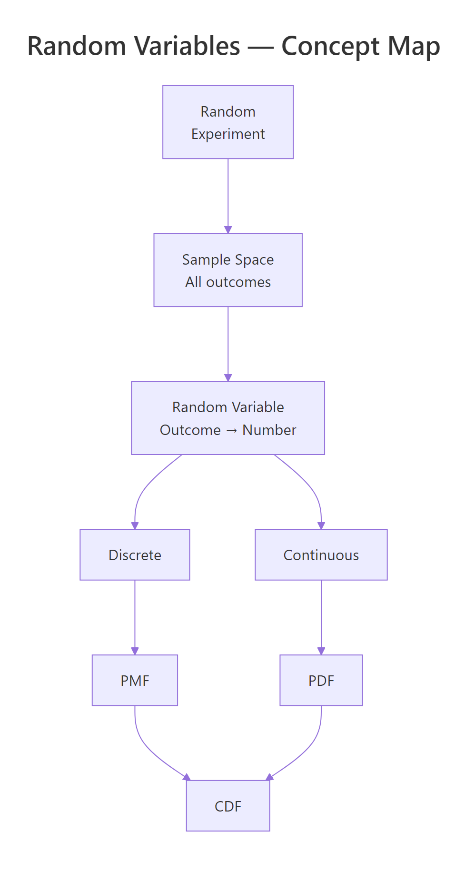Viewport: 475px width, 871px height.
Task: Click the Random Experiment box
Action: (228, 122)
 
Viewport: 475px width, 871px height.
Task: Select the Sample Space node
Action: (228, 270)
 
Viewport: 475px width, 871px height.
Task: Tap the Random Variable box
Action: (228, 418)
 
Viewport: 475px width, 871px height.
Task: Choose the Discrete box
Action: (135, 555)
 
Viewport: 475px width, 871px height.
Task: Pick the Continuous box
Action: (321, 555)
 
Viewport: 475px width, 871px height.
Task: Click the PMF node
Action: (135, 680)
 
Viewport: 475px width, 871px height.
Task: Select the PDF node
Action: (321, 680)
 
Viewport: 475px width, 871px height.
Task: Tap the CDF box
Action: (228, 806)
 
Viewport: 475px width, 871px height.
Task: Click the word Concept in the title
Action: (330, 47)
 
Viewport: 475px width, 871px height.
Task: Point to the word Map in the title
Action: (414, 47)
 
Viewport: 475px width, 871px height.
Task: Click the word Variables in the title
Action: (187, 47)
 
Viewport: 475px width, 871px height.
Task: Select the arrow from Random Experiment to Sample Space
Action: (228, 195)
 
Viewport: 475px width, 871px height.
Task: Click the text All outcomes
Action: (228, 282)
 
